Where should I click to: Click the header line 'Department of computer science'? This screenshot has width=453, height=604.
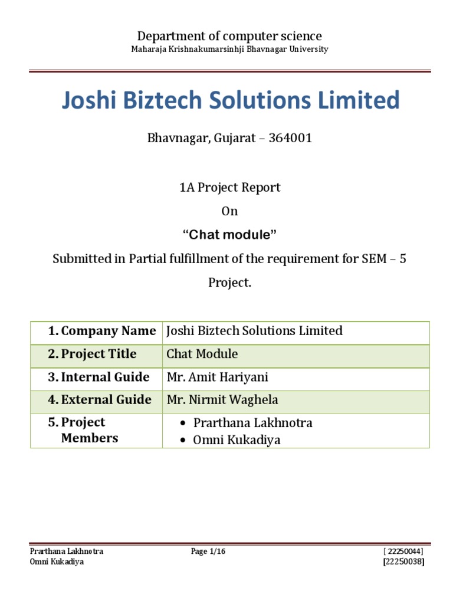pos(229,36)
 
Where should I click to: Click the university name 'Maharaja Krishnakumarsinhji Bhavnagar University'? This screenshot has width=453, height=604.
pos(229,50)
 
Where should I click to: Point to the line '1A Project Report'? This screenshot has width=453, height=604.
pos(229,188)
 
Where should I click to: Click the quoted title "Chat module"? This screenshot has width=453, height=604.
pos(229,235)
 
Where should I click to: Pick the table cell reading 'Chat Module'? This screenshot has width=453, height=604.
pos(202,354)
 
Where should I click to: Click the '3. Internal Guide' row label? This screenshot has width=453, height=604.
pos(99,377)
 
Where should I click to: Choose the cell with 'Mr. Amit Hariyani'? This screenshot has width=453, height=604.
pos(218,377)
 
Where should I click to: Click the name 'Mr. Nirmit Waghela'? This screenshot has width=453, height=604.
pos(222,400)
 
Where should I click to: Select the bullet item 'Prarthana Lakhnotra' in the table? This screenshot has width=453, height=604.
pos(252,423)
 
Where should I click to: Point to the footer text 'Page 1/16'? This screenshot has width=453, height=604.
pos(208,552)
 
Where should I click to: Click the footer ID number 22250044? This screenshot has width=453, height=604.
pos(403,552)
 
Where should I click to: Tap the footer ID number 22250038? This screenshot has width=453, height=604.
pos(403,562)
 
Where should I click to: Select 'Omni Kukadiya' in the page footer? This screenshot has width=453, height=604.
pos(57,562)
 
